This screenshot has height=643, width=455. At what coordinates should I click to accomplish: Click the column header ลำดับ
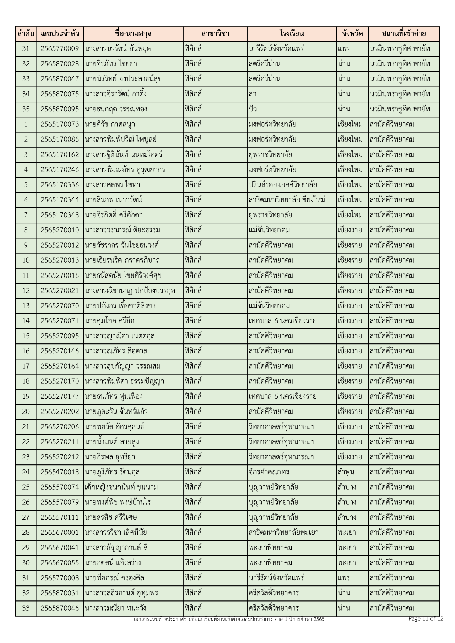coord(26,34)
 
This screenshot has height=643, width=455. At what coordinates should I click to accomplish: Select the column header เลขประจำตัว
coord(60,34)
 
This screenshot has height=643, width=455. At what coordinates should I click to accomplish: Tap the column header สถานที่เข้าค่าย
coord(404,34)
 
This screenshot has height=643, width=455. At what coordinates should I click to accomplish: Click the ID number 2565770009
coord(60,49)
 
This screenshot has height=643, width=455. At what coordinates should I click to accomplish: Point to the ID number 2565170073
coord(60,124)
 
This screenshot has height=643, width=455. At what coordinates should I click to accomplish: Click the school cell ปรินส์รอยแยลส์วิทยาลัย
coord(283,185)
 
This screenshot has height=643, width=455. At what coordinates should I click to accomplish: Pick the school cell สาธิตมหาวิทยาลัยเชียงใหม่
coord(287,200)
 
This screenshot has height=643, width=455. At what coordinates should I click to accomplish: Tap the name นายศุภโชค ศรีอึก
coord(110,321)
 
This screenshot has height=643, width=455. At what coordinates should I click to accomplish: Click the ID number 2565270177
coord(60,396)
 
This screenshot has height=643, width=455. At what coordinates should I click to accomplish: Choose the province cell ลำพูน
coord(346,472)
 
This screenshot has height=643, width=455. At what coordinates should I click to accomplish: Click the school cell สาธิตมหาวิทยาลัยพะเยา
coord(283,532)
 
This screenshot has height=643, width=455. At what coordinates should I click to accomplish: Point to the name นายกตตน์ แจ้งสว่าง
coord(113,563)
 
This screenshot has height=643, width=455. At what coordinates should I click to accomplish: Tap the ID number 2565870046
coord(60,608)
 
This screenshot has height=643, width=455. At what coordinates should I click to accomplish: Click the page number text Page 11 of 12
coord(426,619)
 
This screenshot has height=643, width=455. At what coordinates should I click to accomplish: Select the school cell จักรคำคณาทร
coord(269,472)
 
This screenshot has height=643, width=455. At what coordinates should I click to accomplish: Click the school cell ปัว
coord(253,109)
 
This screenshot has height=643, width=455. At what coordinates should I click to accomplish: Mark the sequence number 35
coord(26,109)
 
